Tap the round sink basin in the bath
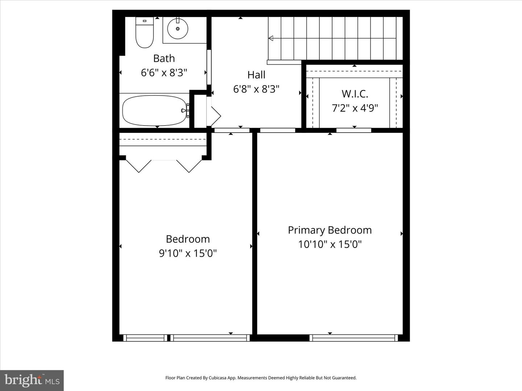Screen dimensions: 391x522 [x=178, y=28]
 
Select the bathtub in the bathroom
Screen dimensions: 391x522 [x=154, y=110]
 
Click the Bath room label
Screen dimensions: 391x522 [x=164, y=58]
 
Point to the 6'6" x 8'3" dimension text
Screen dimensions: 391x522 [x=164, y=73]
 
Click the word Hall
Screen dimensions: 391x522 [x=256, y=75]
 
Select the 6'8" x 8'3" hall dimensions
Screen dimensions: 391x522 [x=256, y=89]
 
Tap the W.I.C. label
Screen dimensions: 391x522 [x=355, y=94]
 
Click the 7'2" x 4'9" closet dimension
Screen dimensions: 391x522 [x=355, y=108]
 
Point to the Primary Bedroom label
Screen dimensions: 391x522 [x=330, y=230]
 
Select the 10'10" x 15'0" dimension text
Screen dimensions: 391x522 [x=330, y=244]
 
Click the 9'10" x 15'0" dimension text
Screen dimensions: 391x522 [x=188, y=253]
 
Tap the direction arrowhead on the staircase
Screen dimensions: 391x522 [x=270, y=38]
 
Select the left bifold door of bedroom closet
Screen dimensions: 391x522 [x=138, y=166]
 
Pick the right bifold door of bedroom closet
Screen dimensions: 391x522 [x=189, y=166]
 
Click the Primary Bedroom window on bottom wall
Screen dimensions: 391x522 [x=353, y=338]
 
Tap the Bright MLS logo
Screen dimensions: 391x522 [x=32, y=380]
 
